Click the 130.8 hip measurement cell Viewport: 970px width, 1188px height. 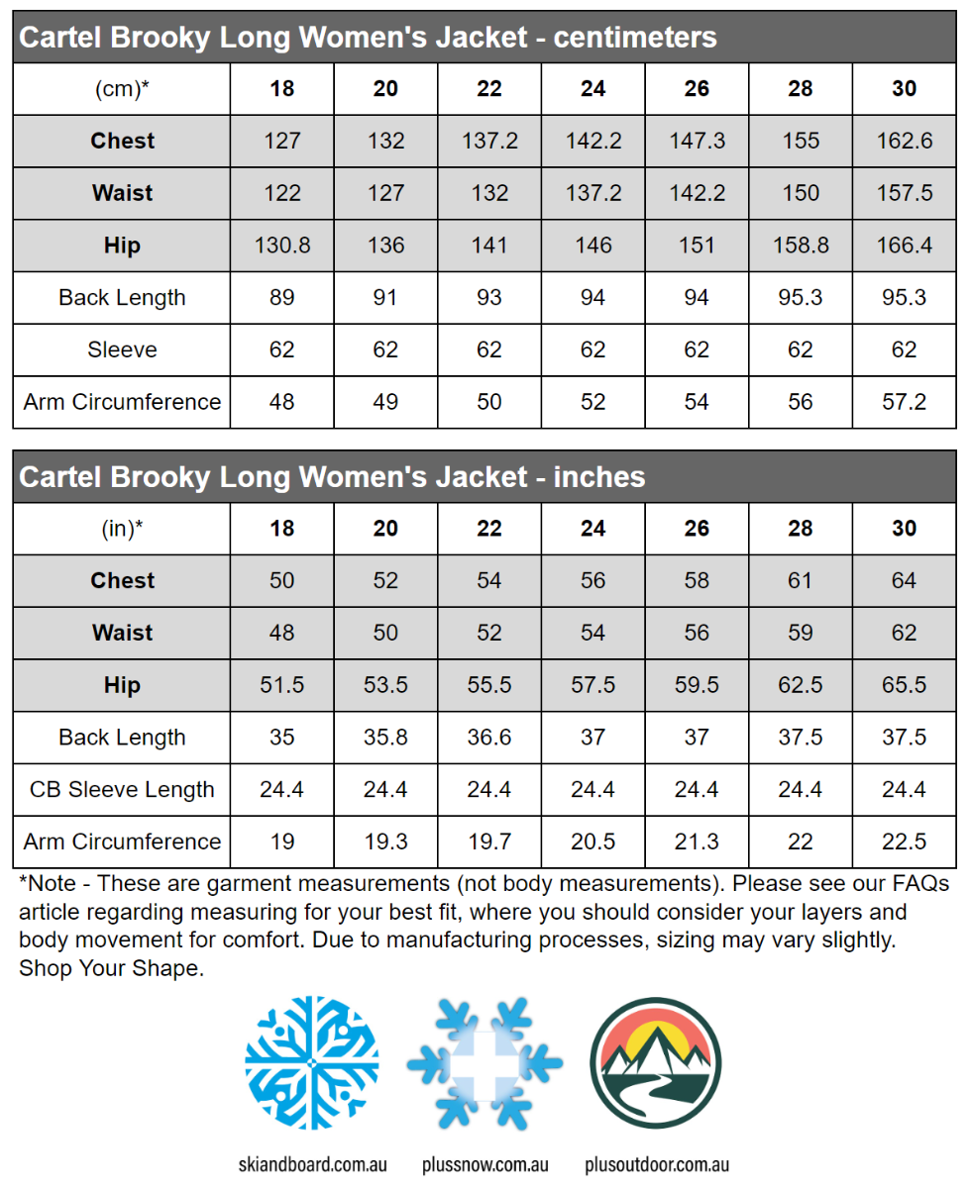coord(282,246)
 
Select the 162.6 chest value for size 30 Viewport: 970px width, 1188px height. coord(904,141)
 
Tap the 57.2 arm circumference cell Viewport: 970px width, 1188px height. coord(904,402)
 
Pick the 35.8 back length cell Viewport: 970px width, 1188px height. coord(385,738)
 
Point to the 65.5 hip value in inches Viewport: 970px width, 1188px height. coord(904,685)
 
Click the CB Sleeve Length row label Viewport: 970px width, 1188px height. coord(122,790)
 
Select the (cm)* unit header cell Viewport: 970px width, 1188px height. coord(122,89)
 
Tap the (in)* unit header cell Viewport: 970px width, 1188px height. coord(122,529)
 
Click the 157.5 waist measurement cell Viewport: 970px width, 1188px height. coord(904,193)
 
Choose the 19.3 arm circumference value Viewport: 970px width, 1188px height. coord(385,841)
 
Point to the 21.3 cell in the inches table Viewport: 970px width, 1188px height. coord(697,841)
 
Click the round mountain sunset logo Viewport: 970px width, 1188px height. coord(656,1062)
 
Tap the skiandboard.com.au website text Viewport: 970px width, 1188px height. coord(312,1164)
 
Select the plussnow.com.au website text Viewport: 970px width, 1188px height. coord(485,1164)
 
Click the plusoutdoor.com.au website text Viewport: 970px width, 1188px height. coord(656,1164)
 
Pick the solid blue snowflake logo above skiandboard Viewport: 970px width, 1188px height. coord(312,1062)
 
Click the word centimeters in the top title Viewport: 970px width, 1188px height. coord(635,38)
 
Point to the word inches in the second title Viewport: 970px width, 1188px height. coord(599,477)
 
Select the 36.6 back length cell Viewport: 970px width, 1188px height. coord(489,738)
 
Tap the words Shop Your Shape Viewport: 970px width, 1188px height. coord(111,968)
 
